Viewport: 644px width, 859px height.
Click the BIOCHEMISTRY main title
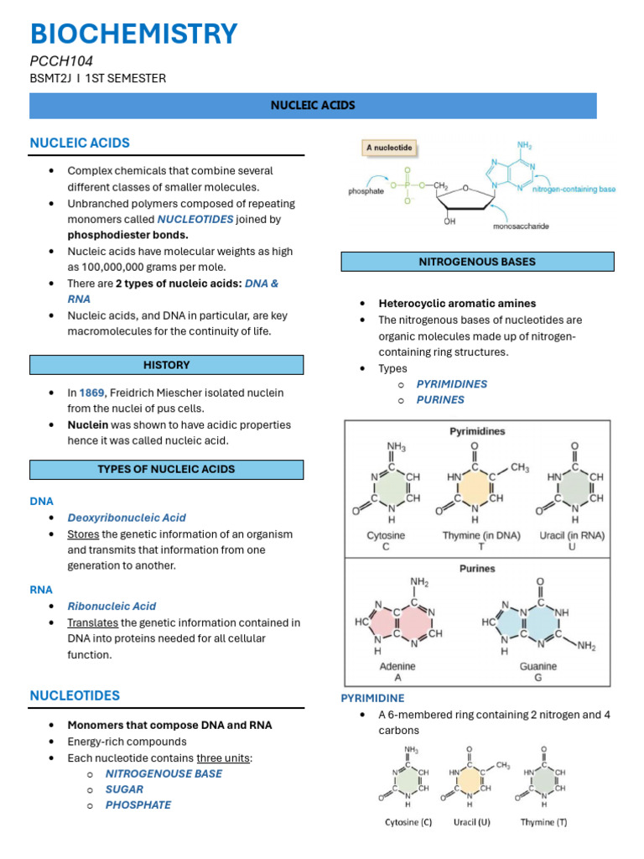click(x=134, y=34)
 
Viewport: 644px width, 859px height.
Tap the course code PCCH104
click(x=61, y=61)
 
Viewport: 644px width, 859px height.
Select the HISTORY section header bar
click(x=167, y=365)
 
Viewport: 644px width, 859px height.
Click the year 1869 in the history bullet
click(x=92, y=393)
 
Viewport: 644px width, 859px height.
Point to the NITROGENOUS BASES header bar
click(x=477, y=262)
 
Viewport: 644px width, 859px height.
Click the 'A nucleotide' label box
click(x=389, y=148)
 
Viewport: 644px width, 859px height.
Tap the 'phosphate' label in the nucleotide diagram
click(x=366, y=191)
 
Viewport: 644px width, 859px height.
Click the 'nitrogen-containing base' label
click(x=574, y=190)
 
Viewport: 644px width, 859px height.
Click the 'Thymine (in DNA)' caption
click(x=481, y=535)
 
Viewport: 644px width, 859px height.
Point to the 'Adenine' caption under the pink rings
click(x=397, y=666)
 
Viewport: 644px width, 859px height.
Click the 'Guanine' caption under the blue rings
click(x=538, y=666)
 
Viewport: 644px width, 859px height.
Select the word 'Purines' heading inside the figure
click(x=477, y=568)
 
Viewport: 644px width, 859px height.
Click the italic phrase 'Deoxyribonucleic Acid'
click(x=127, y=518)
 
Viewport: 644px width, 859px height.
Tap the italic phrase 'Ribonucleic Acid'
click(x=112, y=606)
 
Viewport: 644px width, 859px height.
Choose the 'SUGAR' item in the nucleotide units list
click(x=124, y=789)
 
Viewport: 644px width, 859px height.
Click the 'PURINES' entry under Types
click(x=440, y=399)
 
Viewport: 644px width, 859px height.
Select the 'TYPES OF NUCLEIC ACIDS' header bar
click(x=167, y=469)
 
